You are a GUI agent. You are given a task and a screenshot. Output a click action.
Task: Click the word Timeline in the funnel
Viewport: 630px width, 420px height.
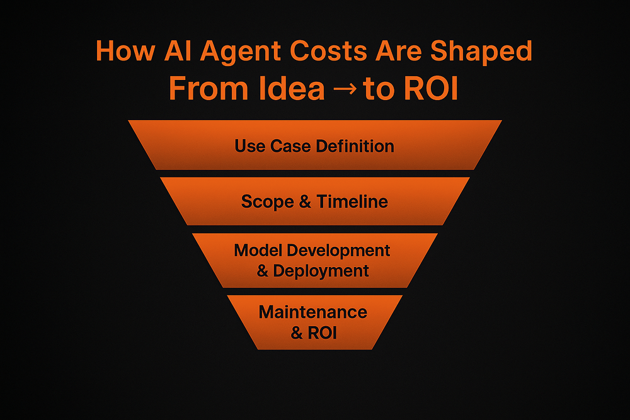[352, 202]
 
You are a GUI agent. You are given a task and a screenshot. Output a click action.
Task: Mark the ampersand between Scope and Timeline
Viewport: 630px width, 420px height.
[306, 202]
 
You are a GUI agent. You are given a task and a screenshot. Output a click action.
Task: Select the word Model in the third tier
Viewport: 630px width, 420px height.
[258, 250]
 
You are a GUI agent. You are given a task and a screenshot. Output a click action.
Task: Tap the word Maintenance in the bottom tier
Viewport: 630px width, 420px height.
[313, 312]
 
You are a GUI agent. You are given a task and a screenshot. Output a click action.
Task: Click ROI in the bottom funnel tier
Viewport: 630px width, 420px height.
[322, 332]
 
